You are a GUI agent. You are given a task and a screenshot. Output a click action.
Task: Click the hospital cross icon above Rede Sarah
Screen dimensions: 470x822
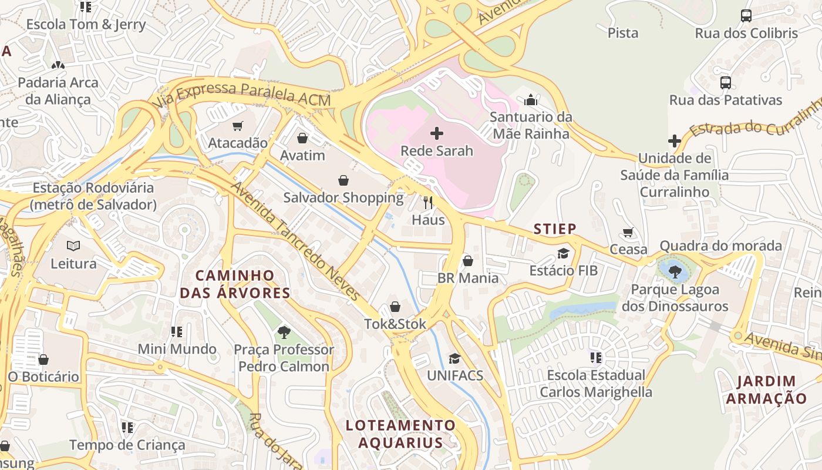click(437, 133)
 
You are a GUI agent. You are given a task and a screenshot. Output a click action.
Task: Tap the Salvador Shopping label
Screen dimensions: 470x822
click(343, 197)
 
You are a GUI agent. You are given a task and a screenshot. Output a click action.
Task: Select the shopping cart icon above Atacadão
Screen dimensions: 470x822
click(238, 126)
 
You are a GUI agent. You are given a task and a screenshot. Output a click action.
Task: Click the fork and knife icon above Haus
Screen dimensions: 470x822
click(428, 203)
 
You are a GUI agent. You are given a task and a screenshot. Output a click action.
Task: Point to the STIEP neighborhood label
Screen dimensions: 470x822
click(555, 229)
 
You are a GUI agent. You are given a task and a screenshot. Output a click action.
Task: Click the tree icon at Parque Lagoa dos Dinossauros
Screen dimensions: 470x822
click(675, 271)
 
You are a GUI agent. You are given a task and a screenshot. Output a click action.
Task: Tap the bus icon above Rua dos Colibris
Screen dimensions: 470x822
click(746, 16)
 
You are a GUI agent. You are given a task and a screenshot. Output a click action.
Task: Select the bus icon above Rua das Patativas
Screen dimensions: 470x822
click(726, 83)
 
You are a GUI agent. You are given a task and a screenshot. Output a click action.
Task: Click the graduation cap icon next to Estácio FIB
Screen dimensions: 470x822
click(564, 253)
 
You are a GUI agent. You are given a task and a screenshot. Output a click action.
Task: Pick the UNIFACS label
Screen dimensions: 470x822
click(455, 375)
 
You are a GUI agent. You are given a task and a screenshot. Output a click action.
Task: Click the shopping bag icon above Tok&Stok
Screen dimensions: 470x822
click(395, 307)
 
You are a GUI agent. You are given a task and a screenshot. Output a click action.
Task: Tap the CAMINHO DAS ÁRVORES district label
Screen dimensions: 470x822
click(235, 284)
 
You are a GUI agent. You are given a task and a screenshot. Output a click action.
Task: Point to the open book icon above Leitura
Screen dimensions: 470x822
click(73, 246)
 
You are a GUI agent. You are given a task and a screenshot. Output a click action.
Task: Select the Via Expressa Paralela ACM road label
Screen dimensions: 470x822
click(244, 95)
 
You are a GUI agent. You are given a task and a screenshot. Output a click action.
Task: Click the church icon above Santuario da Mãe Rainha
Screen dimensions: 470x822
click(531, 100)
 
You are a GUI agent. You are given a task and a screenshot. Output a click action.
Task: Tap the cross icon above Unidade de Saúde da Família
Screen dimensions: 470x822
click(675, 141)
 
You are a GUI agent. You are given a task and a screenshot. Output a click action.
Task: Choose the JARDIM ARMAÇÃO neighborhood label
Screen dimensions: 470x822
click(766, 390)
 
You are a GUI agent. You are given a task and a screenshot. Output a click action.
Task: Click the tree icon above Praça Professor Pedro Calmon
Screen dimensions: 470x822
click(284, 333)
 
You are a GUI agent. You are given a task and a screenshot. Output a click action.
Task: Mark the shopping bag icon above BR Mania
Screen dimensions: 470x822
click(468, 260)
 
